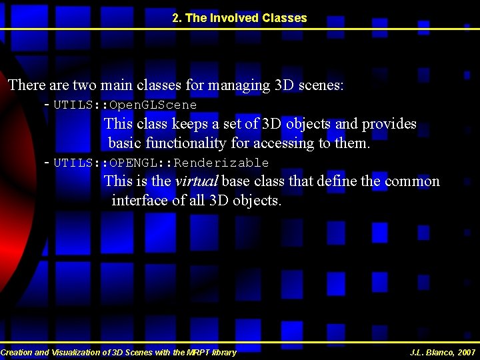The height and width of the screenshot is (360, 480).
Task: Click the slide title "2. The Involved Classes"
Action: (x=239, y=18)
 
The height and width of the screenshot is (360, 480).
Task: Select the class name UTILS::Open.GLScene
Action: (x=125, y=105)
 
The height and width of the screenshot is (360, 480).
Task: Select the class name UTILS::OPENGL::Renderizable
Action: (x=161, y=163)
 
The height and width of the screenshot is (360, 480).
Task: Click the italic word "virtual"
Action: (x=197, y=181)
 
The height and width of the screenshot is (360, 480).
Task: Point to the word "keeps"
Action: (x=171, y=125)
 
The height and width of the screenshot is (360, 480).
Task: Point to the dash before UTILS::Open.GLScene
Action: (x=45, y=105)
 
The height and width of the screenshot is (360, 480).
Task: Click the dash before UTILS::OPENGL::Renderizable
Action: (x=45, y=163)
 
